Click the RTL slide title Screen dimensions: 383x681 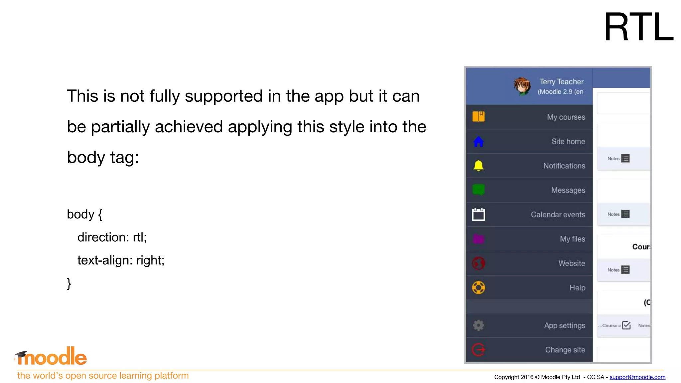(638, 27)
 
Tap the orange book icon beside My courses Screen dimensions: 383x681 (478, 117)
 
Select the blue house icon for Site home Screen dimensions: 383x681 (478, 141)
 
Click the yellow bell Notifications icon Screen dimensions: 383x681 (478, 166)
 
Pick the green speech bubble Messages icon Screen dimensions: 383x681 (478, 190)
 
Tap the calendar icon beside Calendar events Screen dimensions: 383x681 (478, 214)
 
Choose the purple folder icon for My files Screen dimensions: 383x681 (478, 239)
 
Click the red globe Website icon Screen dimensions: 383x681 (478, 263)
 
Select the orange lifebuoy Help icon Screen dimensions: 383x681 (478, 288)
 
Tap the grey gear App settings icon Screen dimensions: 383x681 (478, 325)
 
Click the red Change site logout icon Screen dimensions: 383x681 (478, 350)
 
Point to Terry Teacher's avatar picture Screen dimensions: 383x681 (522, 86)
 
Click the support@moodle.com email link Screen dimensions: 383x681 (637, 377)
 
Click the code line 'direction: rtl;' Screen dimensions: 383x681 (112, 237)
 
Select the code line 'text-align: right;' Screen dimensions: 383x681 (121, 260)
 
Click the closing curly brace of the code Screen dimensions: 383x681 (69, 284)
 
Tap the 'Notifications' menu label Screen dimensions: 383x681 (564, 166)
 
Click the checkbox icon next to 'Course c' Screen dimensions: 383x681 (626, 325)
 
